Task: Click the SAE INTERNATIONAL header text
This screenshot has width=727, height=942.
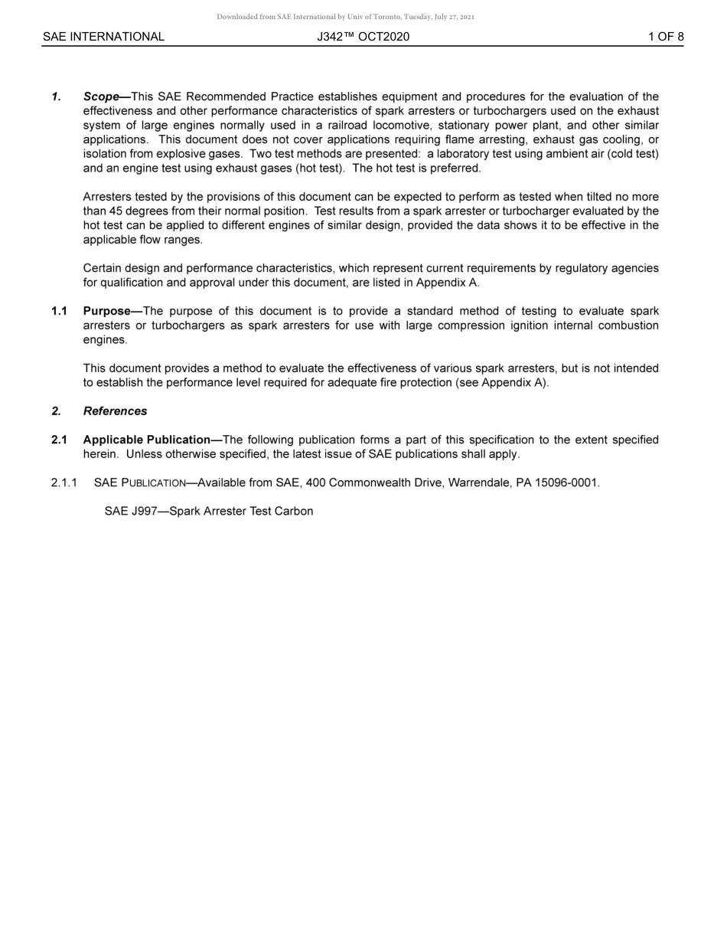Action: click(103, 37)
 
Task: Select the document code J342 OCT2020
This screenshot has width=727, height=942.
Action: click(363, 37)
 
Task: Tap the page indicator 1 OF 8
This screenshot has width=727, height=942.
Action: click(666, 37)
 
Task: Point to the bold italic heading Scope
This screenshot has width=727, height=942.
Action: click(101, 96)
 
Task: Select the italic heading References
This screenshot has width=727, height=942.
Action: click(115, 411)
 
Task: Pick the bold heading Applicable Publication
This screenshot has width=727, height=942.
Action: click(146, 440)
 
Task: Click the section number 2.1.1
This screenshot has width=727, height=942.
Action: click(64, 482)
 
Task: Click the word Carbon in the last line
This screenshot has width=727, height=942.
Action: click(295, 511)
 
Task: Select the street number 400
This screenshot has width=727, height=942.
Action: click(315, 482)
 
